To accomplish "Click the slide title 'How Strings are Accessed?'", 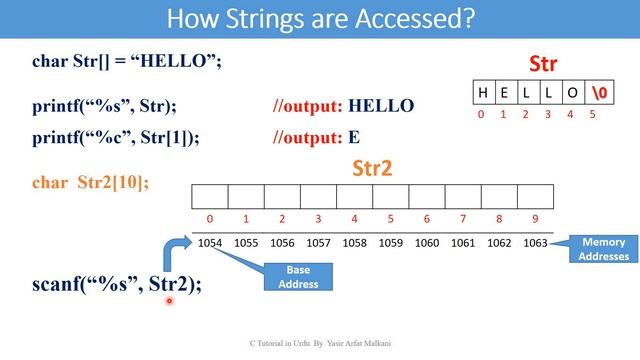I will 320,18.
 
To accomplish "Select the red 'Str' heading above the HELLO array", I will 542,64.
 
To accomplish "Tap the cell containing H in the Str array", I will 483,93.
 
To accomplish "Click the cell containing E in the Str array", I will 505,93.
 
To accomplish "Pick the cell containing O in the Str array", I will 571,93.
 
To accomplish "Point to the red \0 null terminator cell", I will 597,93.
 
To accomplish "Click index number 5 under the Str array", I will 593,114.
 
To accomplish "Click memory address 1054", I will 210,242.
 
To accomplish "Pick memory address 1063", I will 535,242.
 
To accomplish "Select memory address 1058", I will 355,242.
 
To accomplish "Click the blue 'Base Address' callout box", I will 298,277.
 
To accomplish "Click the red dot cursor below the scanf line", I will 169,300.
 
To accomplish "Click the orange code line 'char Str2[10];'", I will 91,182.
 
